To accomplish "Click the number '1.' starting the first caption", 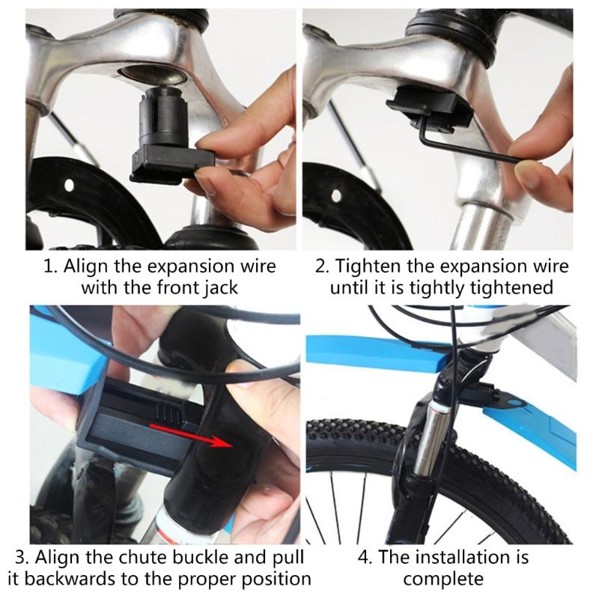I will (49, 267).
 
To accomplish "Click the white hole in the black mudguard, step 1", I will (70, 183).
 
